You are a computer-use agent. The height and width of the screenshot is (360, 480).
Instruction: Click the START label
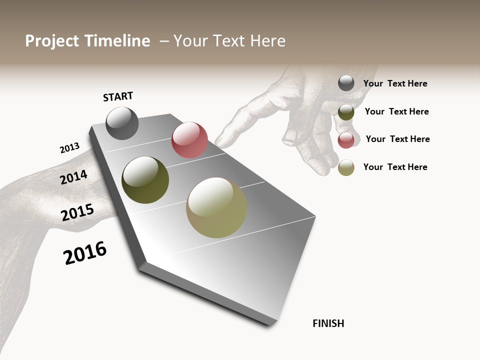coord(118,96)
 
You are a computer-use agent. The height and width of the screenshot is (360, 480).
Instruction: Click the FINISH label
coord(328,323)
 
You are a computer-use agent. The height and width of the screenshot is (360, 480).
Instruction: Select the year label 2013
coord(69,148)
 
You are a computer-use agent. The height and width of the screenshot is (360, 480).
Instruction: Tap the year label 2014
coord(73,177)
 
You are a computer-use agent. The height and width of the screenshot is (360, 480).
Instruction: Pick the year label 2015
coord(77,212)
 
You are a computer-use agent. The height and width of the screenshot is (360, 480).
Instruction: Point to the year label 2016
coord(85,253)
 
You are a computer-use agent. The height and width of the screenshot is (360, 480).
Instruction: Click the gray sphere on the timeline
coord(122,123)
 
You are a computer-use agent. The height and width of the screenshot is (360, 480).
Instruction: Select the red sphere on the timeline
coord(189,139)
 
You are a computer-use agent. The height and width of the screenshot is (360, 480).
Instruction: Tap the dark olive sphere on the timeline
coord(145,180)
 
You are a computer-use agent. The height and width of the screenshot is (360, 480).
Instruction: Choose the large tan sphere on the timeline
coord(216,207)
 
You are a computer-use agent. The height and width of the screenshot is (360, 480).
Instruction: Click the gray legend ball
coord(346,83)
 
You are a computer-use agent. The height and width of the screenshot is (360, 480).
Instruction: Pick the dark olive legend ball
coord(346,112)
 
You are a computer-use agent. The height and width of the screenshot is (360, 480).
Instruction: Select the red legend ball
coord(346,140)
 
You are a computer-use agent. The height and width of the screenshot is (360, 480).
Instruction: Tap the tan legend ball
coord(346,167)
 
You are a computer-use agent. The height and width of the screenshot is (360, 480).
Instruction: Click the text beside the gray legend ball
coord(395,84)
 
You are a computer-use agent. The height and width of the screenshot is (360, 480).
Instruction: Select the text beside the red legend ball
coord(397,139)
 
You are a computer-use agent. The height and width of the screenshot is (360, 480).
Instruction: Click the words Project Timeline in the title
coord(87,41)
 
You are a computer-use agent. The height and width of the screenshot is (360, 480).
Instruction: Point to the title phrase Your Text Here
coord(229,41)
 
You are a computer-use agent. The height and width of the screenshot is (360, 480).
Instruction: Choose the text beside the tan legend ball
coord(395,167)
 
